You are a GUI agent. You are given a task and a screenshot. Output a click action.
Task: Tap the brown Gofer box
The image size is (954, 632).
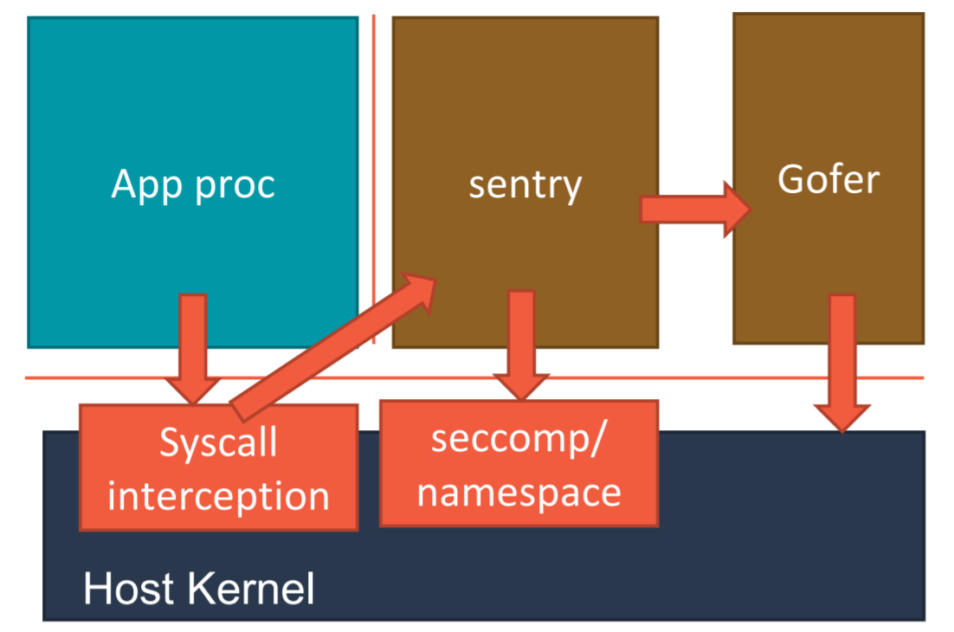click(828, 104)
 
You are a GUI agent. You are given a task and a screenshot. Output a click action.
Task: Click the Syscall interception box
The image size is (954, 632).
click(218, 468)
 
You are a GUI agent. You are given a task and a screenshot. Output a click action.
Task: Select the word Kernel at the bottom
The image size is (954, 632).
click(250, 590)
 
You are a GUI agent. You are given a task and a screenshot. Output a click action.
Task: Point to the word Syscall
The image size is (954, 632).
click(218, 443)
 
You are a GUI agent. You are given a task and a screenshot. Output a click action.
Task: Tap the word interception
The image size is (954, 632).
click(218, 496)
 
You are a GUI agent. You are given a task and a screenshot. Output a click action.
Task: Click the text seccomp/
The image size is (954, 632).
click(519, 441)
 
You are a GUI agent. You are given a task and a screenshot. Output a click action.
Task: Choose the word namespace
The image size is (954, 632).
click(519, 492)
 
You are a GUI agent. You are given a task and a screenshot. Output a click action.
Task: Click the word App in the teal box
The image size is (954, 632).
click(145, 184)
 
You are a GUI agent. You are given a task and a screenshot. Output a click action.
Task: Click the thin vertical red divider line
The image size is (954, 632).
click(374, 173)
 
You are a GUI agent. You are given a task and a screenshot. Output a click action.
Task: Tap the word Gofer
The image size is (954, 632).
click(828, 179)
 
